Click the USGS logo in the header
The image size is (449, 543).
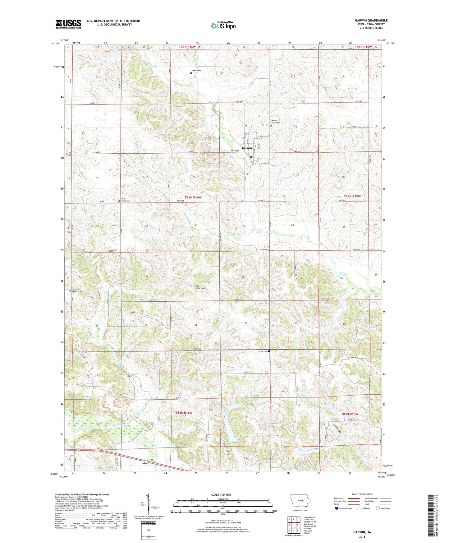coord(68,24)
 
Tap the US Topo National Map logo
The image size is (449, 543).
coord(223,26)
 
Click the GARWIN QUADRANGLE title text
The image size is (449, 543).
coord(371,21)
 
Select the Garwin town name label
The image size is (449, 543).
coord(247,148)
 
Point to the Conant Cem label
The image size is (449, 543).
coord(195,71)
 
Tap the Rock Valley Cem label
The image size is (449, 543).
coord(200,287)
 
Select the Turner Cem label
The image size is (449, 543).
coord(263,351)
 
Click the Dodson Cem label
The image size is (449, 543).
coord(77,291)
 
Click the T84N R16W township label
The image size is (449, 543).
coord(193,197)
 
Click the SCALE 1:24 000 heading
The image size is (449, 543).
coord(221,494)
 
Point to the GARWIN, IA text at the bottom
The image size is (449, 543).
coord(362,532)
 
